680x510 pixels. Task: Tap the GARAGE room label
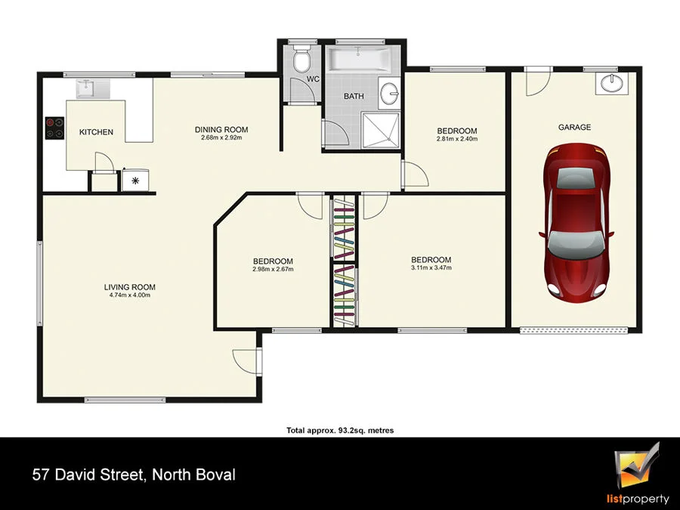pos(574,128)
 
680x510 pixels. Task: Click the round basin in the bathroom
pos(390,94)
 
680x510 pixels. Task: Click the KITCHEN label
pos(96,133)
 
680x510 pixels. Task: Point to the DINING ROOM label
pos(221,130)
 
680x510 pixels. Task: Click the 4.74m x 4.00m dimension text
pos(129,295)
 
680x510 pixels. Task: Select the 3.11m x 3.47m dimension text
pos(431,268)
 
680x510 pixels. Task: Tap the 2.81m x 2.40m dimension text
pos(456,139)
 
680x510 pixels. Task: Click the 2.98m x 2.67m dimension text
pos(273,269)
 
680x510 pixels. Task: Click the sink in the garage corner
pos(610,84)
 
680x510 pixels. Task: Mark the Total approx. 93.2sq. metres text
pos(340,431)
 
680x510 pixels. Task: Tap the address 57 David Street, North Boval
pos(134,475)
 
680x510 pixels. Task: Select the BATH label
pos(354,97)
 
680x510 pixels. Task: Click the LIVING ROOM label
pos(129,287)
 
